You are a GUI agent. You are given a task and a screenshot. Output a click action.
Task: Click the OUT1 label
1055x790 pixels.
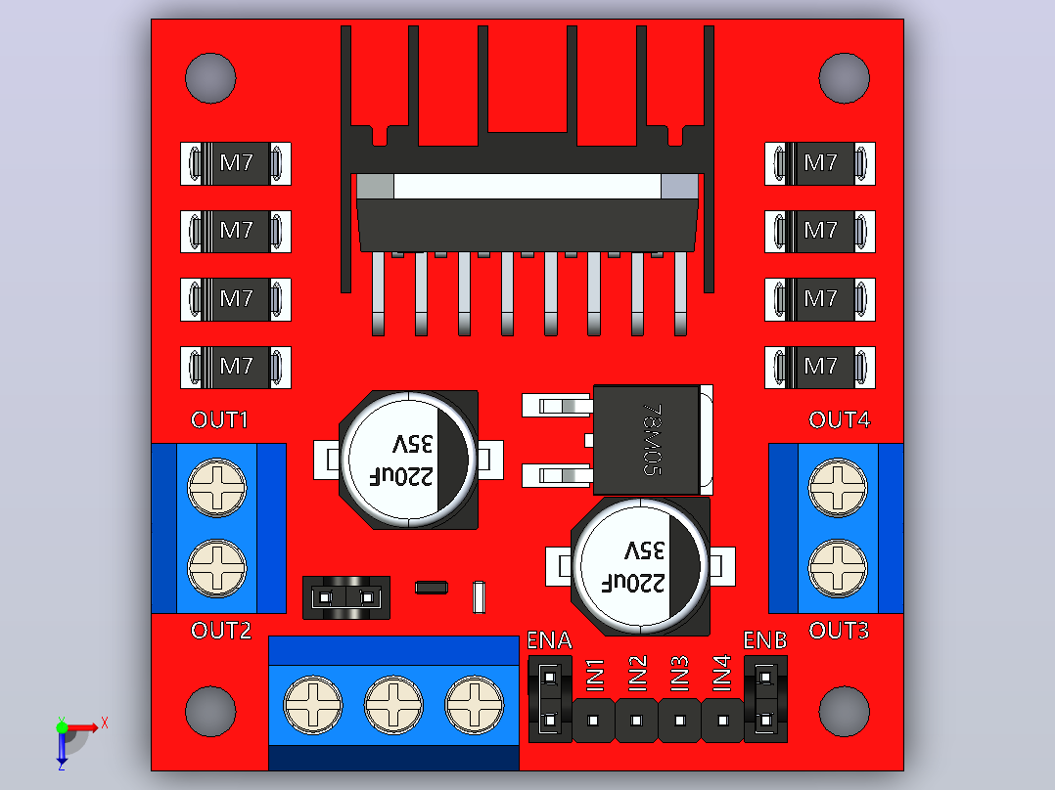(x=219, y=420)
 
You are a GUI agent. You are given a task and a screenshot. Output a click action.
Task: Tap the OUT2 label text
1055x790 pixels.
(x=221, y=631)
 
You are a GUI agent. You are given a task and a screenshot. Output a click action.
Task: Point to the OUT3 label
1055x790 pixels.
(x=839, y=631)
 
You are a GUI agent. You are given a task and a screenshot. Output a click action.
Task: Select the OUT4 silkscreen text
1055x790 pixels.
(x=840, y=420)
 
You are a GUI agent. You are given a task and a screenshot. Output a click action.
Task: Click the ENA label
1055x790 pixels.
(x=549, y=640)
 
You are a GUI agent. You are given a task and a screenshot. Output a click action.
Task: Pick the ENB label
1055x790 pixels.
(x=765, y=640)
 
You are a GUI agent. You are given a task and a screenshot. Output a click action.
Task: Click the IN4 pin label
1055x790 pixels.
(x=721, y=673)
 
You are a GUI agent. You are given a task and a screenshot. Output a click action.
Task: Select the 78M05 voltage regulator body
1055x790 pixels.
(x=646, y=440)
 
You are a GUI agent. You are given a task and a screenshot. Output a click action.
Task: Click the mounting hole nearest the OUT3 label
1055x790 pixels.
(x=845, y=712)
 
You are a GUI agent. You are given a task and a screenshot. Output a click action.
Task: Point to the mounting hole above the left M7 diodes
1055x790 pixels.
(x=210, y=78)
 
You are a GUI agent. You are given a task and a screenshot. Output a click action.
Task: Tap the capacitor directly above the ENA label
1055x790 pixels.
(x=640, y=566)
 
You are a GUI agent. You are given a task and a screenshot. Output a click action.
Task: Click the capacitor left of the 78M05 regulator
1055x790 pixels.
(x=408, y=460)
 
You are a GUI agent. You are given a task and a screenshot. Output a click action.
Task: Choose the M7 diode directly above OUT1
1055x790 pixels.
(x=236, y=367)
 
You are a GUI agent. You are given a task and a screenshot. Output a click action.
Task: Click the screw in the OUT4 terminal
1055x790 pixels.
(x=838, y=488)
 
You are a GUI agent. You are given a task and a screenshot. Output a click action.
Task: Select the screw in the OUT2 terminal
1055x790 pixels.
(x=216, y=569)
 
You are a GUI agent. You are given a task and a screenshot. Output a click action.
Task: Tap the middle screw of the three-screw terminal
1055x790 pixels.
(x=393, y=705)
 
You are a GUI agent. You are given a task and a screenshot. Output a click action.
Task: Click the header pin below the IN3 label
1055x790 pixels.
(x=679, y=720)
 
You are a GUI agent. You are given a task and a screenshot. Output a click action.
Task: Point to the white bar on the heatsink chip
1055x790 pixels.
(x=527, y=186)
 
